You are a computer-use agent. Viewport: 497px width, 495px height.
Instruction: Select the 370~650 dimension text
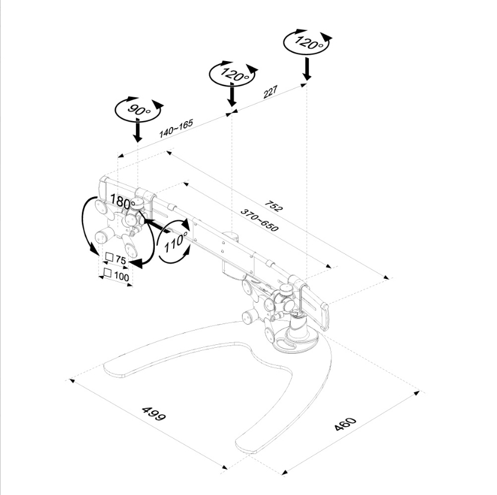pyautogui.click(x=259, y=220)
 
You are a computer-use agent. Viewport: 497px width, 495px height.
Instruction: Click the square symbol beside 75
pyautogui.click(x=109, y=258)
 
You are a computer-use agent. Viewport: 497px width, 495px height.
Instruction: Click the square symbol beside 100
pyautogui.click(x=107, y=273)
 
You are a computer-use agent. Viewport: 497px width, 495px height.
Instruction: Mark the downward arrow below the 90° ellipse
pyautogui.click(x=138, y=131)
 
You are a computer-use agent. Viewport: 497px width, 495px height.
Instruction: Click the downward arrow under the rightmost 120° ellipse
pyautogui.click(x=307, y=68)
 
